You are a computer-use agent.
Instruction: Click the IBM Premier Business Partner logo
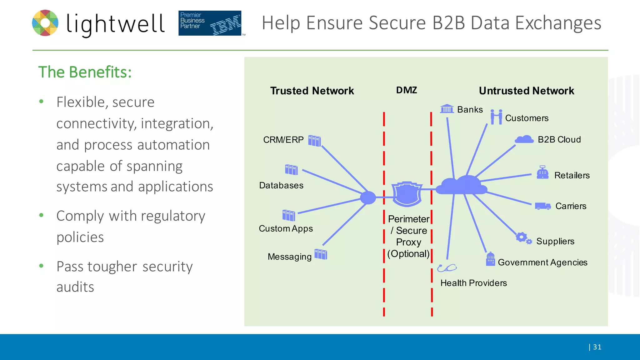click(210, 23)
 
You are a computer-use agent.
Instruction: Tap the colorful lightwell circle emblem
click(45, 23)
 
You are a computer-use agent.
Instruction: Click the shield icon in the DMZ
click(407, 194)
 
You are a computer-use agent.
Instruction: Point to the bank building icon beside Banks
click(447, 109)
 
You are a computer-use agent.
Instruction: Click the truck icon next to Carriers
click(542, 206)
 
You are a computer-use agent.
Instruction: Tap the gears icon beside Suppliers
click(523, 238)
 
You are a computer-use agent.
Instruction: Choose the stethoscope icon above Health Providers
click(447, 268)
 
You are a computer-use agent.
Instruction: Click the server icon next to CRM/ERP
click(314, 141)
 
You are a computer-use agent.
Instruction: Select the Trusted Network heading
click(312, 91)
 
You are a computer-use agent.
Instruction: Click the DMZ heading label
click(406, 90)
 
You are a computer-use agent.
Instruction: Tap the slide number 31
click(597, 347)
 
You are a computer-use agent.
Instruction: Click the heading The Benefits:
click(85, 72)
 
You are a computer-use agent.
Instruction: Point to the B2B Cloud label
click(559, 139)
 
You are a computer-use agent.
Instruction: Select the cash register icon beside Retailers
click(542, 172)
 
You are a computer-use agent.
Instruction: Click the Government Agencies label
click(542, 262)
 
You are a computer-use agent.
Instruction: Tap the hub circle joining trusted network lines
click(368, 197)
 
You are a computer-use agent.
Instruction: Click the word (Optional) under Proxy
click(408, 254)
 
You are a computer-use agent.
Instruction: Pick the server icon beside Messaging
click(321, 254)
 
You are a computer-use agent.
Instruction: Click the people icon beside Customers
click(496, 117)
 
